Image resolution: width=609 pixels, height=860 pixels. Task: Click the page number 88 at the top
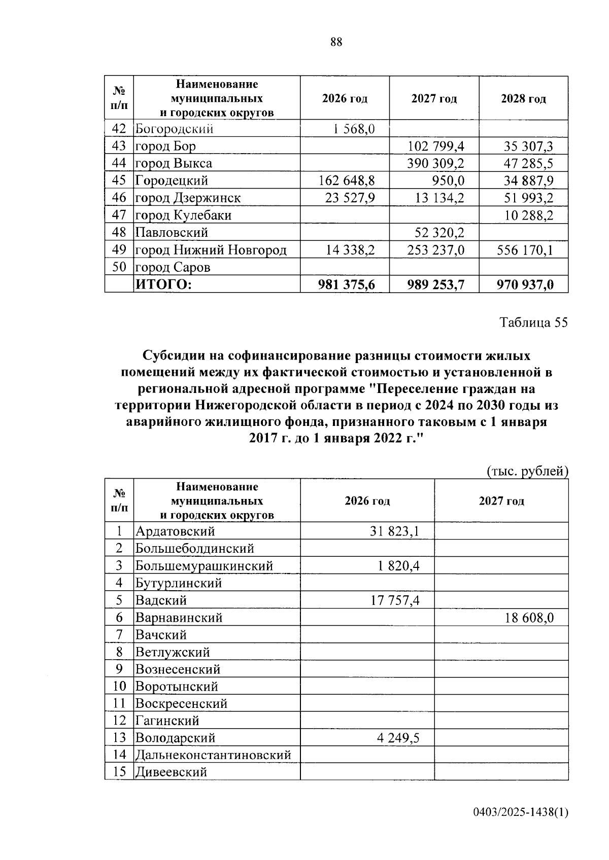(336, 42)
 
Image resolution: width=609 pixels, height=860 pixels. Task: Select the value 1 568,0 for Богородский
(354, 129)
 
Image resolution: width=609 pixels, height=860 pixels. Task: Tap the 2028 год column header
(523, 99)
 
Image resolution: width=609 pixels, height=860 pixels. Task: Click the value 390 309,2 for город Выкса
(435, 163)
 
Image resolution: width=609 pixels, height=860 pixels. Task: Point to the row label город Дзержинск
(188, 198)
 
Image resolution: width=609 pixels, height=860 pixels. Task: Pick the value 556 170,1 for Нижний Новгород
(526, 250)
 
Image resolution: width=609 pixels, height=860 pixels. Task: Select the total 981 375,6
(347, 285)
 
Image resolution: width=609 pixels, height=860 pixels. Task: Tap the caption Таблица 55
(533, 322)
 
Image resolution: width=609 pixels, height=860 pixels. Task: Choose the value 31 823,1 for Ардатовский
(394, 531)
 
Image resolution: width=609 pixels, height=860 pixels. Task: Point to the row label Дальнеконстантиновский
(213, 755)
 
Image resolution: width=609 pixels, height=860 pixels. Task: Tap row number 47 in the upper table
(119, 215)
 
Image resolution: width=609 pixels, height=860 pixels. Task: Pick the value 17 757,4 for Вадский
(394, 600)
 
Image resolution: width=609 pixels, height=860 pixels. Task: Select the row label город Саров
(173, 267)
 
